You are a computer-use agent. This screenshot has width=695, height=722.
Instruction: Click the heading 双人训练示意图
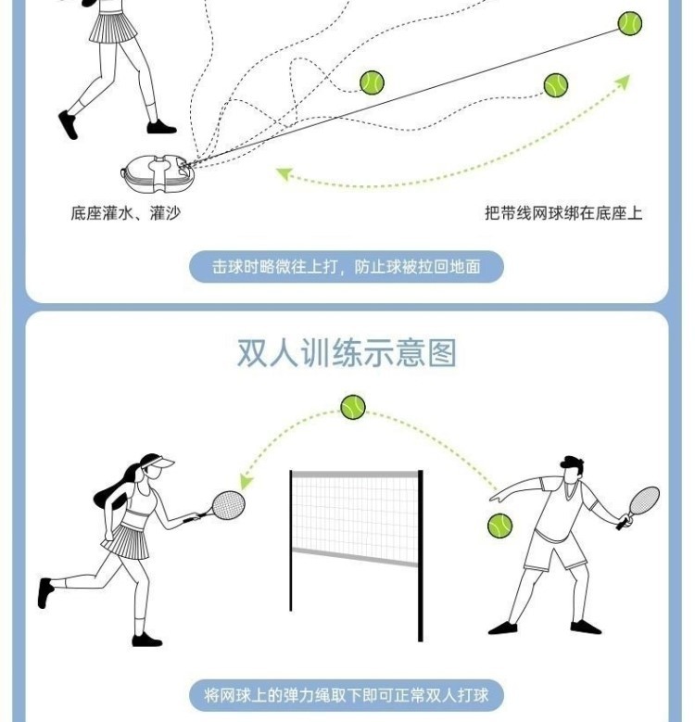click(x=347, y=353)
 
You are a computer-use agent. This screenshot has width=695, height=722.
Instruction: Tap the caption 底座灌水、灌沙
click(x=125, y=213)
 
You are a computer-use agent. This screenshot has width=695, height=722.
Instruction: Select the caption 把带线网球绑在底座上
click(x=563, y=213)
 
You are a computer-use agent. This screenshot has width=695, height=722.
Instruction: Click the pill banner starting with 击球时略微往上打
click(x=347, y=267)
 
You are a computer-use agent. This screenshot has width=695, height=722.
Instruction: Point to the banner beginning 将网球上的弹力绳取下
click(x=347, y=694)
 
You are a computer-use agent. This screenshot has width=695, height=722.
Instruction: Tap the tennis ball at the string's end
click(x=630, y=23)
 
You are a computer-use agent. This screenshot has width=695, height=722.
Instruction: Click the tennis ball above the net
click(x=353, y=407)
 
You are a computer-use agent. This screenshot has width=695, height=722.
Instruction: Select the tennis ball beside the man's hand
click(x=500, y=526)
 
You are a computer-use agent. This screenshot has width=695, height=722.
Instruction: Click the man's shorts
click(x=554, y=553)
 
